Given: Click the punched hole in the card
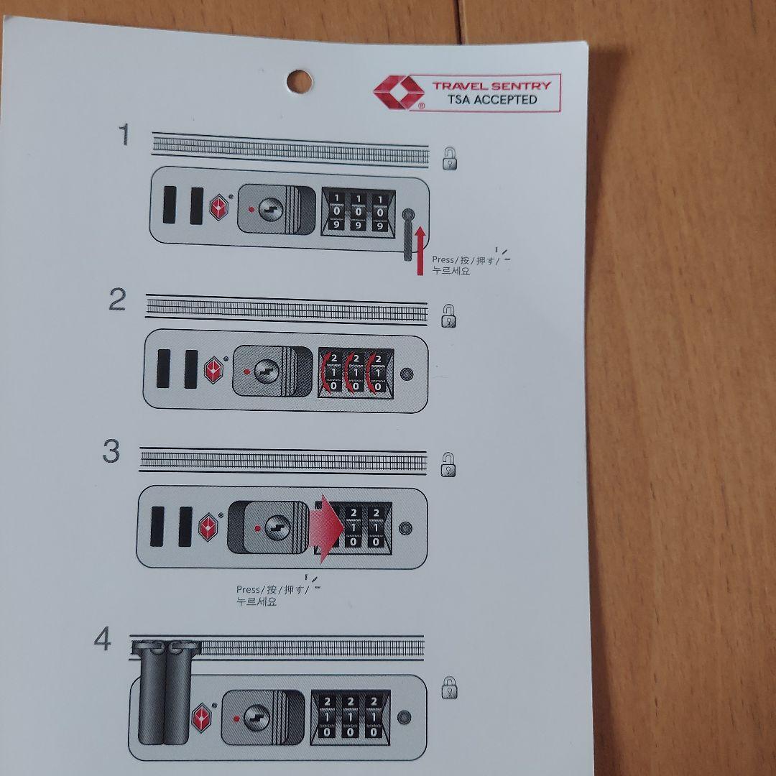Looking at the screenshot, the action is click(300, 82).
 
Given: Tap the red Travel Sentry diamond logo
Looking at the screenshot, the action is click(399, 92).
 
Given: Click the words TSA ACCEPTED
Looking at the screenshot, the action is click(492, 99).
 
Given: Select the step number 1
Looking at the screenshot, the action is click(124, 134).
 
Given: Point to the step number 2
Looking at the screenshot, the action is click(117, 300).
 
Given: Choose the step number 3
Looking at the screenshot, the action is click(111, 451).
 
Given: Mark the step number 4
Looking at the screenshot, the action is click(103, 639).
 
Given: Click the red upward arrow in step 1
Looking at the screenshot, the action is click(420, 251).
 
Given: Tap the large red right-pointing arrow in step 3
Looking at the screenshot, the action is click(325, 529).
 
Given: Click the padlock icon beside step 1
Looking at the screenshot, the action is click(449, 159).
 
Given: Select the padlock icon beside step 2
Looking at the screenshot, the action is click(448, 315).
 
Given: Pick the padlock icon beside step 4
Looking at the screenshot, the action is click(449, 688).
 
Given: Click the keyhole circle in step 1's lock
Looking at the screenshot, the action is click(271, 209).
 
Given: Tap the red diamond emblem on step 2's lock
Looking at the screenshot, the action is click(213, 370).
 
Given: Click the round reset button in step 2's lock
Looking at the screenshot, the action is click(407, 374).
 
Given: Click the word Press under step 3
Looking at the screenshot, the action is click(248, 589).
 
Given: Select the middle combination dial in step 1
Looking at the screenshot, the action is click(359, 211).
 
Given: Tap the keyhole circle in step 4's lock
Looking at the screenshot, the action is click(257, 718).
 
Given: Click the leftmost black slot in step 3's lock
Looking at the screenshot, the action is click(157, 526).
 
